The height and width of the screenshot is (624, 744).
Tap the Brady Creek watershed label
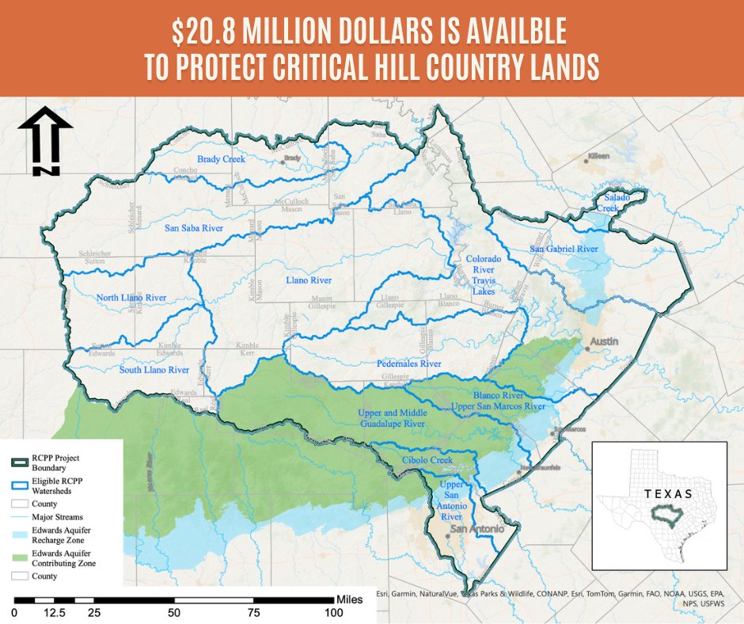pyautogui.click(x=222, y=159)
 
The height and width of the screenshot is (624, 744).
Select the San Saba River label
pyautogui.click(x=194, y=228)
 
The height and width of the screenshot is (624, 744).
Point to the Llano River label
pyautogui.click(x=308, y=280)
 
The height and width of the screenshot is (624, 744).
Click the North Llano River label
pyautogui.click(x=131, y=298)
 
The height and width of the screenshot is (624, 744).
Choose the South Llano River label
pyautogui.click(x=154, y=370)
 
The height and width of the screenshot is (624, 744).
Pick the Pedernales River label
pyautogui.click(x=408, y=364)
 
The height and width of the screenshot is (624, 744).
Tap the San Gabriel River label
pyautogui.click(x=563, y=249)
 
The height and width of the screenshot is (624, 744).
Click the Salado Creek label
pyautogui.click(x=617, y=202)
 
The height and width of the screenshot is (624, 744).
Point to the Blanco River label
pyautogui.click(x=499, y=394)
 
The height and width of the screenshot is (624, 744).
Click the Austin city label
pyautogui.click(x=603, y=341)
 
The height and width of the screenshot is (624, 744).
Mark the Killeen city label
pyautogui.click(x=598, y=156)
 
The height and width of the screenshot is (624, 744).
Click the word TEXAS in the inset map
pyautogui.click(x=668, y=493)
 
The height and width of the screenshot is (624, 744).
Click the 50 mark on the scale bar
pyautogui.click(x=173, y=612)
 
